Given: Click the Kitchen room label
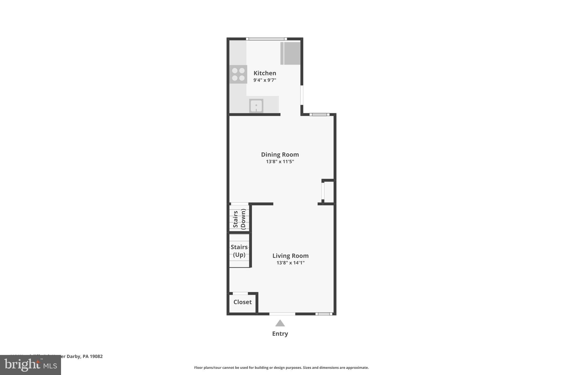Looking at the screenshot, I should tap(265, 73).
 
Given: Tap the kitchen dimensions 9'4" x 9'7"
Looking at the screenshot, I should tap(265, 80).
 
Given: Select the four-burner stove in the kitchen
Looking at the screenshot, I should tap(238, 74).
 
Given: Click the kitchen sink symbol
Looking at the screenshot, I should tap(256, 106).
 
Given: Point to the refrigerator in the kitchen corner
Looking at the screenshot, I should tap(291, 53).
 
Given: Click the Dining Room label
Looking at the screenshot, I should tap(280, 154).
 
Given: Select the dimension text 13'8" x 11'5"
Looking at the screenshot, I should tap(280, 162).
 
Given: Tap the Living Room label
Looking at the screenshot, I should tap(290, 256).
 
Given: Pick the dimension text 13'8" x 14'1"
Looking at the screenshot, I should tap(290, 263).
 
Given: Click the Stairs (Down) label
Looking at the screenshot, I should tap(239, 219).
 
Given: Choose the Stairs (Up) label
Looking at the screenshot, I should tap(239, 251).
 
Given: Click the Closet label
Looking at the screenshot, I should tap(242, 302).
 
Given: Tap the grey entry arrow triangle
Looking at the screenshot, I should tap(280, 323).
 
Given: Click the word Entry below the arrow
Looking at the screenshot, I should tap(280, 334).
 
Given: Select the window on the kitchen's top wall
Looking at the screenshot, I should tap(266, 39).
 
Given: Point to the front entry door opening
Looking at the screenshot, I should tap(282, 314).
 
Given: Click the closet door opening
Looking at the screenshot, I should tap(240, 293).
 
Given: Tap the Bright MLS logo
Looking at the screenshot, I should tap(31, 365).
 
